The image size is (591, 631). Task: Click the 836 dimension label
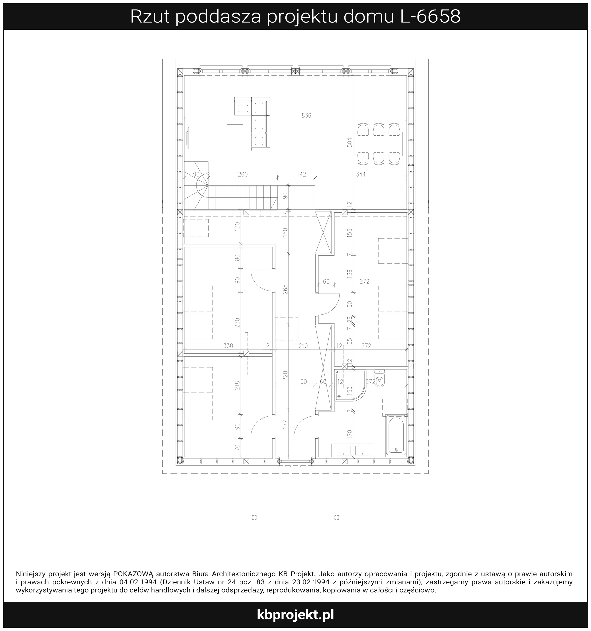click(306, 115)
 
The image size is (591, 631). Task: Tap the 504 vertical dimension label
click(350, 142)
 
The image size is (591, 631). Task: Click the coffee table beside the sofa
click(235, 138)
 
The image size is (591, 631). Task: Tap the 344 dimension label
click(361, 174)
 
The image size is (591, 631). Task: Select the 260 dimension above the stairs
click(243, 174)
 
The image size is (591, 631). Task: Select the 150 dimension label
click(302, 382)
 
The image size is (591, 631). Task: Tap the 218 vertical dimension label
click(237, 385)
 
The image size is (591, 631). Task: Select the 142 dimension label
click(301, 174)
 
